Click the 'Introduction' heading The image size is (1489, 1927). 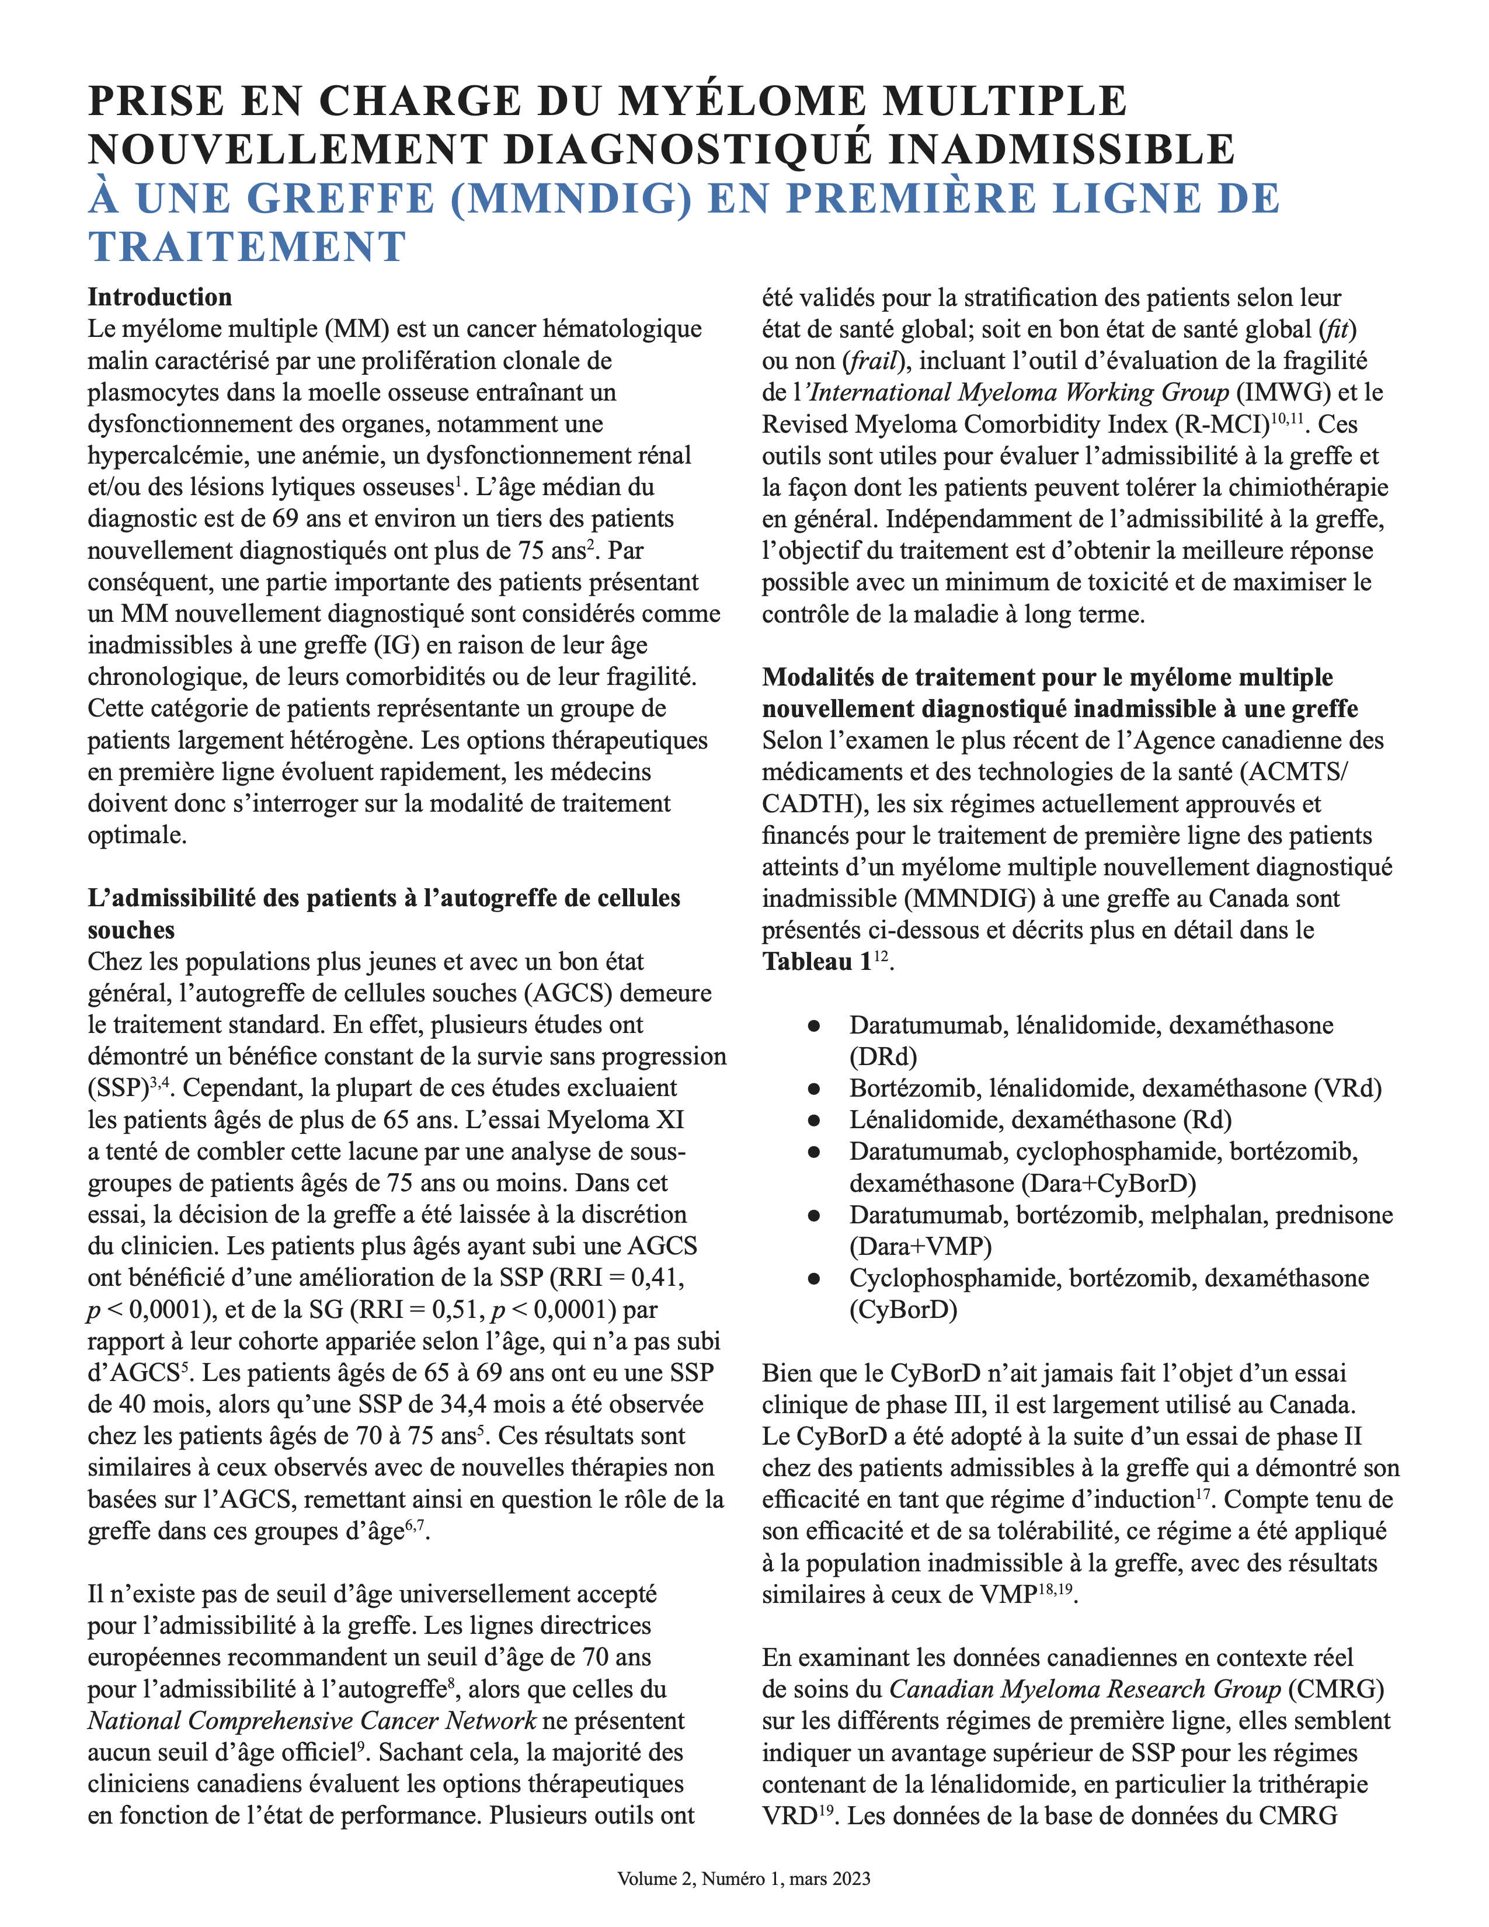(159, 297)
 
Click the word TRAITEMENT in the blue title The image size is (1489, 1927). (247, 246)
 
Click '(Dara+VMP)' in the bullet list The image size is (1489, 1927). (920, 1246)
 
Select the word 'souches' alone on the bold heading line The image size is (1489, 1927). (131, 930)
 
